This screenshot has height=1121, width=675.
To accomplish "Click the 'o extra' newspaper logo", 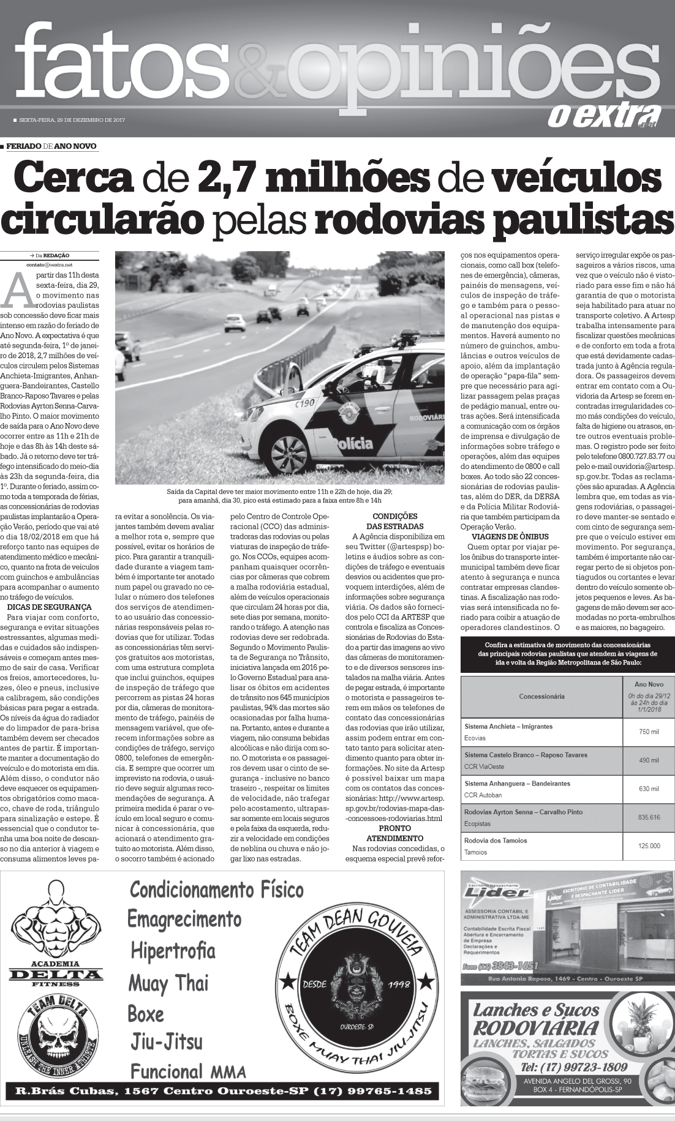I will [603, 115].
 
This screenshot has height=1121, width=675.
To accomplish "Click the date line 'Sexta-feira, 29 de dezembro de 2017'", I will [72, 120].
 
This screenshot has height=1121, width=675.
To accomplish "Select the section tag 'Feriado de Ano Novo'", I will [51, 146].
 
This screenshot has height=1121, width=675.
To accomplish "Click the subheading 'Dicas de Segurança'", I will [42, 607].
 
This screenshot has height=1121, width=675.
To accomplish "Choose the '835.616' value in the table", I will [648, 817].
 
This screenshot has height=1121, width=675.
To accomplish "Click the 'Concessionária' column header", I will [541, 696].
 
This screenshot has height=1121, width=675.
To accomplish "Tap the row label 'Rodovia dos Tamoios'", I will [496, 841].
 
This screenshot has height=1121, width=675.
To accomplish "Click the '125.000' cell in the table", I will [648, 845].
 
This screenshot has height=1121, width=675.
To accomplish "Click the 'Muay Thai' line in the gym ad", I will [168, 983].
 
